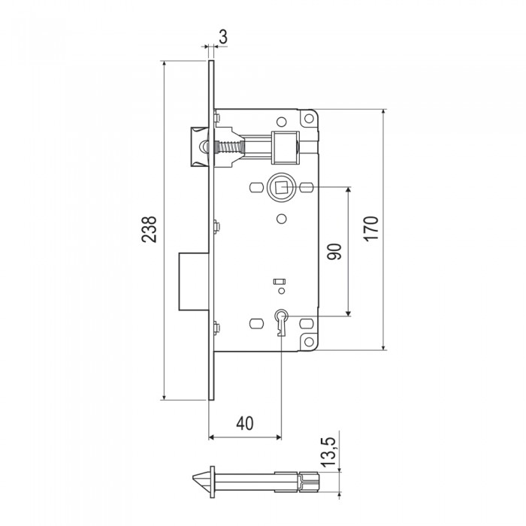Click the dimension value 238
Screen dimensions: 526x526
pos(149,229)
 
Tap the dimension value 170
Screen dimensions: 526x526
pos(372,228)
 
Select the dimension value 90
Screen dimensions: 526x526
pos(334,252)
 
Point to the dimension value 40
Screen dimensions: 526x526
pos(245,424)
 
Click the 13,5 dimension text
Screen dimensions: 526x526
pos(328,452)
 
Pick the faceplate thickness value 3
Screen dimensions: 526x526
pos(223,37)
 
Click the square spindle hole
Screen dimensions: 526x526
pos(281,187)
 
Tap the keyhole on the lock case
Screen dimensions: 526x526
pos(281,322)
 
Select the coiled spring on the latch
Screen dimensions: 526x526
pos(228,147)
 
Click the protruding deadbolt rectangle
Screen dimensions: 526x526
pos(194,282)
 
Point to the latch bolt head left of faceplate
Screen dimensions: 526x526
pos(201,147)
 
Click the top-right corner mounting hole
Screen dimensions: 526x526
pos(308,119)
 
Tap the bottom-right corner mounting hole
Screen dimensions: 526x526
pos(308,342)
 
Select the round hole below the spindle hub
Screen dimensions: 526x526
pos(282,219)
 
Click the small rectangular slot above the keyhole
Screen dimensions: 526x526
pos(280,282)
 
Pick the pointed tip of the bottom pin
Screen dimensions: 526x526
pos(193,478)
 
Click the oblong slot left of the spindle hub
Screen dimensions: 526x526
pos(256,187)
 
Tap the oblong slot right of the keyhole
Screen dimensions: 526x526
pos(306,323)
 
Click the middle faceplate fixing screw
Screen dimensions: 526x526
pos(216,227)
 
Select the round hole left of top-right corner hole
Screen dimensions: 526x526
pos(282,122)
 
